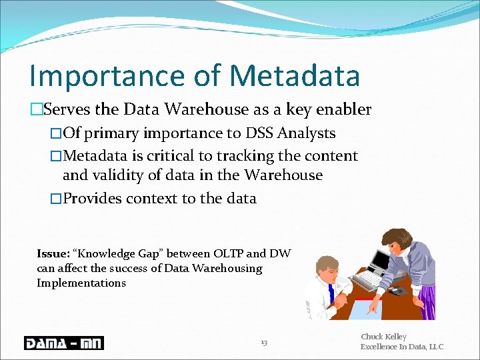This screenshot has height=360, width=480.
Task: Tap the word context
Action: [x=154, y=198]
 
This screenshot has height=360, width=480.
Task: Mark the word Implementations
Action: [x=81, y=283]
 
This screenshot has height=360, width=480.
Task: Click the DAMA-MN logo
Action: [x=63, y=343]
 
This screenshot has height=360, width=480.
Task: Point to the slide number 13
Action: [x=264, y=343]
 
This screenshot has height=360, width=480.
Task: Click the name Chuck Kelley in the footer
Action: [x=383, y=337]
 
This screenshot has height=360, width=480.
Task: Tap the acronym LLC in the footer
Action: [x=435, y=347]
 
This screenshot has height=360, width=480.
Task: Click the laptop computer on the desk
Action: [x=379, y=261]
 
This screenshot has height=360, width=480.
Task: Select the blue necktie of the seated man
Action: [x=331, y=293]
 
